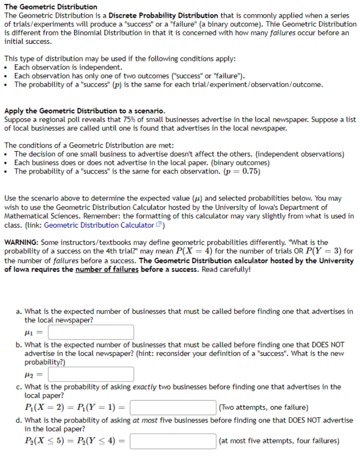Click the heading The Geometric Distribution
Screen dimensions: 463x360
point(51,7)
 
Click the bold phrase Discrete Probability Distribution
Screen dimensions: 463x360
point(163,16)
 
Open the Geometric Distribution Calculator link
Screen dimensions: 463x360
point(99,225)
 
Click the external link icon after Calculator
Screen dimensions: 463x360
point(159,225)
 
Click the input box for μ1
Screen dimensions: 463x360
point(91,332)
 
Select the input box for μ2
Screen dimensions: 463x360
point(91,375)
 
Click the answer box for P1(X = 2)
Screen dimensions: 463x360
point(173,408)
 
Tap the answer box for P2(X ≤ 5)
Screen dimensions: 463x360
point(173,441)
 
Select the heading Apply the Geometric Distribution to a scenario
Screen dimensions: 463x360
point(85,111)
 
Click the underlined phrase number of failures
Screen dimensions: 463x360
point(107,269)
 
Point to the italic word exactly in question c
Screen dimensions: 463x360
point(144,387)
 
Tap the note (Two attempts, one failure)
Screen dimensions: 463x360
point(263,408)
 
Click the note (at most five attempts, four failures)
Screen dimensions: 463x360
point(279,441)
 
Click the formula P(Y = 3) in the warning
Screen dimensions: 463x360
point(325,251)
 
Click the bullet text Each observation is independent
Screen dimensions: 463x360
point(68,67)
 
